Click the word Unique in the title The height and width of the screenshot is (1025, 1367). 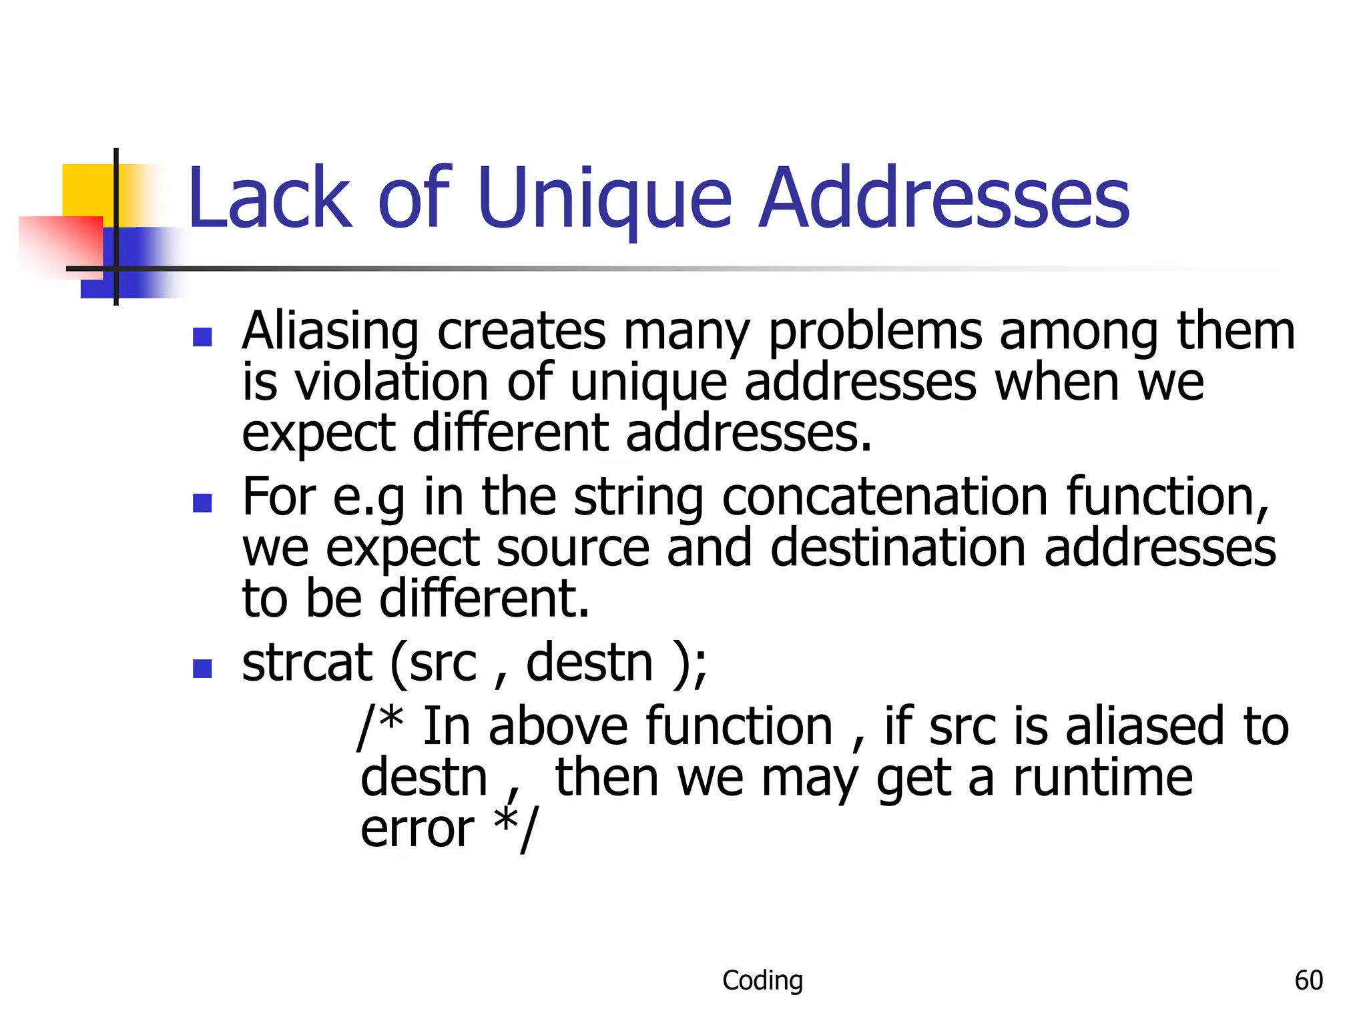click(604, 199)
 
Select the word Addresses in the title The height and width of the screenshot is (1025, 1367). click(944, 199)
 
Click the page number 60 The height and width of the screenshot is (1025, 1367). click(1308, 980)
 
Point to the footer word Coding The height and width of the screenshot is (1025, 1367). click(762, 980)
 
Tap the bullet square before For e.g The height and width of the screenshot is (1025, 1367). click(202, 502)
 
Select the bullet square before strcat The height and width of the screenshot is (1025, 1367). click(202, 668)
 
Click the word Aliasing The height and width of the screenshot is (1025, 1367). click(330, 332)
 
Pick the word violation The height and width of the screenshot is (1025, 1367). click(392, 383)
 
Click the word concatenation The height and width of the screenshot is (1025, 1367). click(885, 497)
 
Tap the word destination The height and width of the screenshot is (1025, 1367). click(898, 549)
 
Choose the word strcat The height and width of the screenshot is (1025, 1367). click(307, 663)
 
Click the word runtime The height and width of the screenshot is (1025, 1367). click(1103, 778)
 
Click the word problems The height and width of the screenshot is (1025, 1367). click(875, 332)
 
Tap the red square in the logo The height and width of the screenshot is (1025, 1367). click(60, 244)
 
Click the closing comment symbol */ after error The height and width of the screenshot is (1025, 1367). click(515, 829)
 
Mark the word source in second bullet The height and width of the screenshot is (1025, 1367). click(573, 549)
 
